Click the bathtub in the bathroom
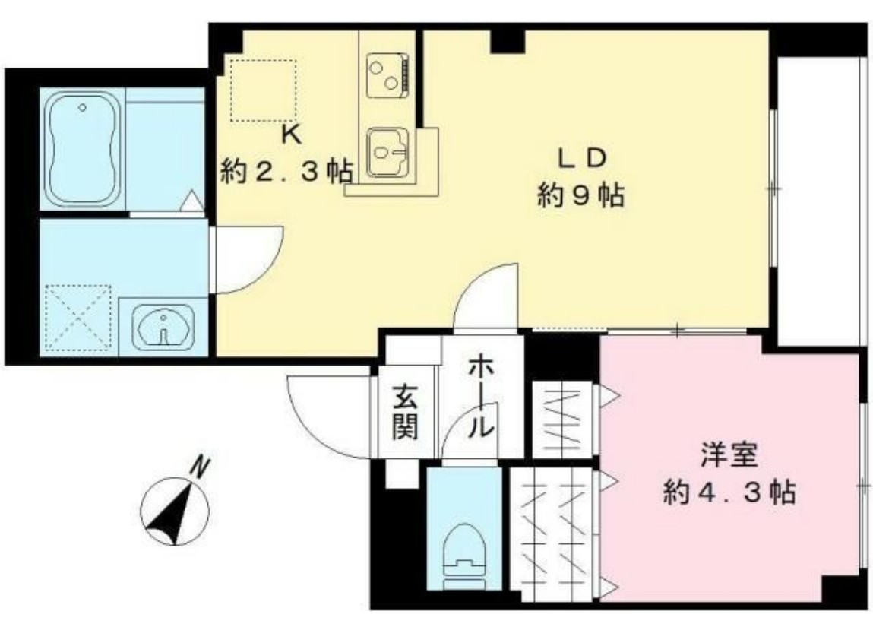(x=82, y=150)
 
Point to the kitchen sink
(x=388, y=151)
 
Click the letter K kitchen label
(x=290, y=135)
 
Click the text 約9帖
(x=581, y=198)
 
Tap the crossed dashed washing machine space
(x=77, y=318)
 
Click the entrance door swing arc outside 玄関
(x=328, y=414)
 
